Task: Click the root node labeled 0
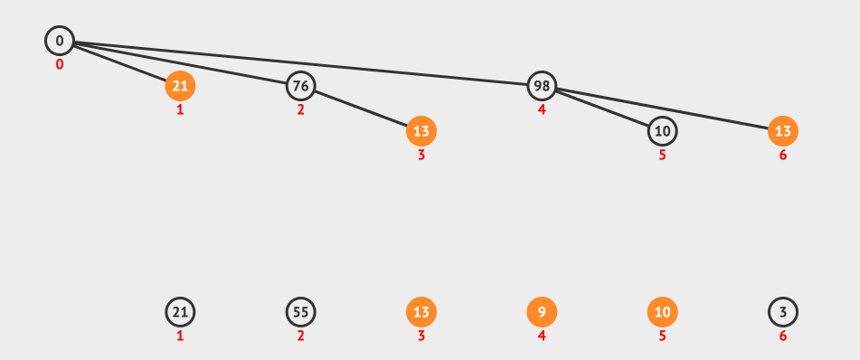[60, 41]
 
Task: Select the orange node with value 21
[180, 86]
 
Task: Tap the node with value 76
[300, 86]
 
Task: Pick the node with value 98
[542, 86]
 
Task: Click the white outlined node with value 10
[663, 131]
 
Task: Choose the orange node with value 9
[542, 312]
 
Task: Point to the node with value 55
[300, 312]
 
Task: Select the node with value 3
[782, 312]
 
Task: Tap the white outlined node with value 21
[180, 312]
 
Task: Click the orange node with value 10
[663, 312]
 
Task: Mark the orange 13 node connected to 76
[421, 131]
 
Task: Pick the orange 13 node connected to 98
[782, 131]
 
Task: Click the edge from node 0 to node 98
[300, 63]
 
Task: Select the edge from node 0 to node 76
[180, 63]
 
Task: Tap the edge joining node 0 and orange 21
[119, 63]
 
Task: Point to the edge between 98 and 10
[602, 109]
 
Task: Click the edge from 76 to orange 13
[361, 109]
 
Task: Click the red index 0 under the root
[60, 65]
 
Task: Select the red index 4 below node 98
[542, 109]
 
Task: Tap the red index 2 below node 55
[300, 336]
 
